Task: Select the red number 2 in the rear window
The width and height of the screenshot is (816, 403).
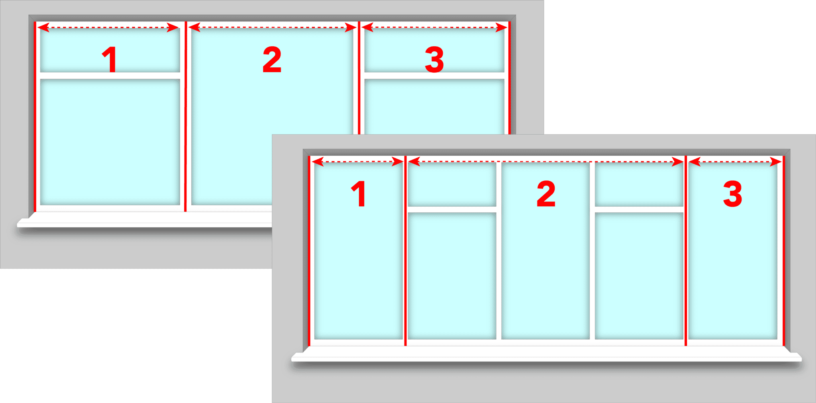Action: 272,60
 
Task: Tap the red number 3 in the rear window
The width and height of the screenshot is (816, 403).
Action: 434,60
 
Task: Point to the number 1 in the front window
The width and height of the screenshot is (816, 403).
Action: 359,194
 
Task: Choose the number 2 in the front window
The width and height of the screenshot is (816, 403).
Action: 546,194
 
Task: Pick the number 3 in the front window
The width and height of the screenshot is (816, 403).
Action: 733,194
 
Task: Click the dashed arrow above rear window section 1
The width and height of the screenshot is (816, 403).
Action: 108,27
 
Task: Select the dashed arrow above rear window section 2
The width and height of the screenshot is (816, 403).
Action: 272,27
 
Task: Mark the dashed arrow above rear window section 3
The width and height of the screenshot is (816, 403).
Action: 434,27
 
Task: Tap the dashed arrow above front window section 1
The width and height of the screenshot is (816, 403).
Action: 357,162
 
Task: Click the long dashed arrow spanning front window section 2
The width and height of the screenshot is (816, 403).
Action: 546,162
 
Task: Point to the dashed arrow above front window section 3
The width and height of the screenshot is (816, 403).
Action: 735,162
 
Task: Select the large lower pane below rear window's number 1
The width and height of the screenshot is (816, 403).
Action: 110,142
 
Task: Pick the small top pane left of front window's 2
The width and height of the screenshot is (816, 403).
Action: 452,184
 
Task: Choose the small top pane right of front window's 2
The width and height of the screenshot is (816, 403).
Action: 639,184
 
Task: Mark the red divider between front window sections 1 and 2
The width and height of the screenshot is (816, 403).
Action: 405,255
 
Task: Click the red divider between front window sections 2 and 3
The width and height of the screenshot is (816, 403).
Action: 686,255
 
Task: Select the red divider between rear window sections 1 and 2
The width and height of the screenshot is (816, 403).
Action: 186,119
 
